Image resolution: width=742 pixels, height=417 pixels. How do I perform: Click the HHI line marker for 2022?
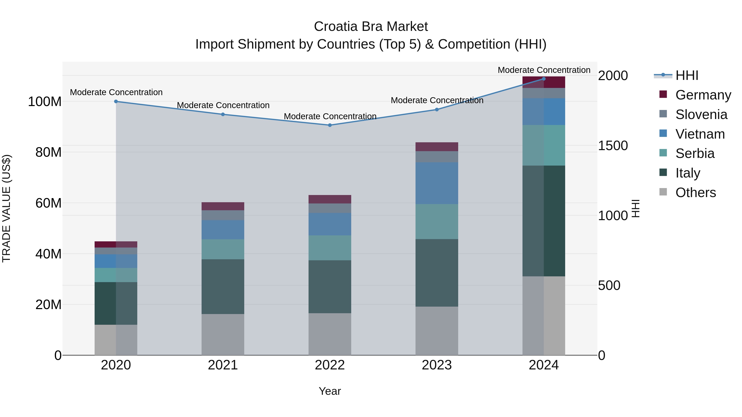coord(330,125)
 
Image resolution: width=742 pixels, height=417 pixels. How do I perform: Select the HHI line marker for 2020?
coord(116,101)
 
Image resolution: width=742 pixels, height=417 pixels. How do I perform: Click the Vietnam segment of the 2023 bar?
coord(437,183)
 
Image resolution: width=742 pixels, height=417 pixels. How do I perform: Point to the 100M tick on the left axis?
coord(45,102)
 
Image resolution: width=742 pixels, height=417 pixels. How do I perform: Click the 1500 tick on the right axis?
coord(613,146)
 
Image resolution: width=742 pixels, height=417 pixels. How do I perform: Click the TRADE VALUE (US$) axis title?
coord(6,208)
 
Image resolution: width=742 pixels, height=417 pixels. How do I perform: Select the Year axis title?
coord(330,391)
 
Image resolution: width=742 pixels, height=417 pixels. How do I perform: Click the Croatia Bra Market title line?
coord(371,27)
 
